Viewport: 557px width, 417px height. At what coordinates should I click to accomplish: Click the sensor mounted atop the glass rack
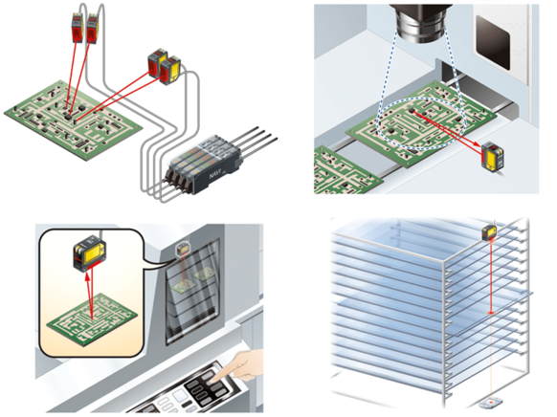[490, 232]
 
